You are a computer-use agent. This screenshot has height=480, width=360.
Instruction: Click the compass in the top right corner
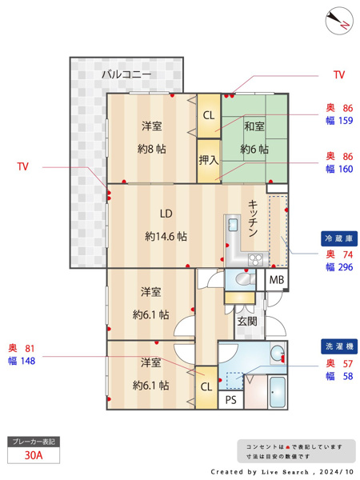point(339,21)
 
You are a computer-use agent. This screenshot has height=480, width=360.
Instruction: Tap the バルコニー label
point(126,74)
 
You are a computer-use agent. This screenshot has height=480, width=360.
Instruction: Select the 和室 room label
point(254,126)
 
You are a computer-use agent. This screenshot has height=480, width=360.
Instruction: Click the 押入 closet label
point(209,160)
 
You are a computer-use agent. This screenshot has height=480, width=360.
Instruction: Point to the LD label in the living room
point(166,214)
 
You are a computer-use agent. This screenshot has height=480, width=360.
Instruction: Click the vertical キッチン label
point(253,218)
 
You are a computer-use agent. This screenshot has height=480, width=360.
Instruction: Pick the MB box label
point(277,280)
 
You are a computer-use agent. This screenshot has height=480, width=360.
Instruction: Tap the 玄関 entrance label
point(247,321)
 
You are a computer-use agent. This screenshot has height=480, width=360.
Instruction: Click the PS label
point(231,400)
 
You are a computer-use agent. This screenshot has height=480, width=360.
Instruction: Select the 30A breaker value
point(34,455)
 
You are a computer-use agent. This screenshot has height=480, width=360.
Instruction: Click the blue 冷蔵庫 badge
point(339,238)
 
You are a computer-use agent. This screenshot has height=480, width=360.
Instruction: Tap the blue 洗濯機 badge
point(339,346)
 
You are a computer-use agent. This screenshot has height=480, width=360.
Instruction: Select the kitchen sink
point(234,226)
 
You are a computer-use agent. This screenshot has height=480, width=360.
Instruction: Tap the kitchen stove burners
point(256,259)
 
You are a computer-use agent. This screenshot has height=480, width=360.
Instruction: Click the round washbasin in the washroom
point(278,354)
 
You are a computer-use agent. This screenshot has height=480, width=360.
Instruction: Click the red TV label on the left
point(23,166)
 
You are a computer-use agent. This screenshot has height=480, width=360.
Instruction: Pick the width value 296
point(346,267)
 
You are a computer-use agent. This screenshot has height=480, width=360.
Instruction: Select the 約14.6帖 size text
point(166,237)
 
